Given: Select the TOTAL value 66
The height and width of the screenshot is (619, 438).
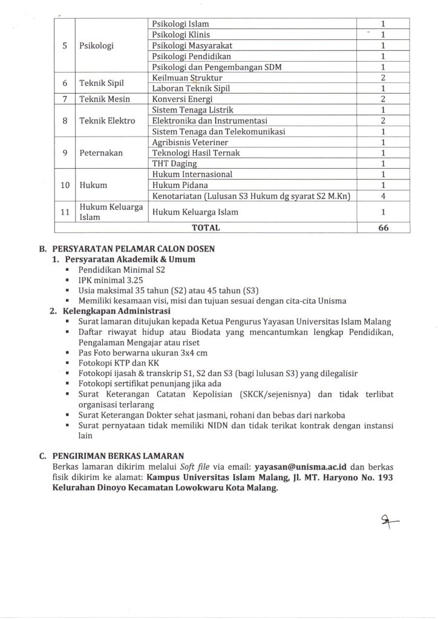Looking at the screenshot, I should point(383,228).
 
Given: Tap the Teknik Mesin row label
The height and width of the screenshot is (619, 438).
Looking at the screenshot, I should point(105,99).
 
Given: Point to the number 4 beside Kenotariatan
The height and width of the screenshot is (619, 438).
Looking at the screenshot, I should point(383,196).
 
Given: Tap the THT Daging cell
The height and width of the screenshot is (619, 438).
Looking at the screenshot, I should point(174,163).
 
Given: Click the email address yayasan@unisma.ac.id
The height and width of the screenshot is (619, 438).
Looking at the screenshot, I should point(300,467).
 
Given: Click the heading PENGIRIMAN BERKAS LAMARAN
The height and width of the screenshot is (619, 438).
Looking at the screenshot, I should point(118,456).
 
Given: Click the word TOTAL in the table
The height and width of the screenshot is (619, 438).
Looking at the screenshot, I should point(206,228).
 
